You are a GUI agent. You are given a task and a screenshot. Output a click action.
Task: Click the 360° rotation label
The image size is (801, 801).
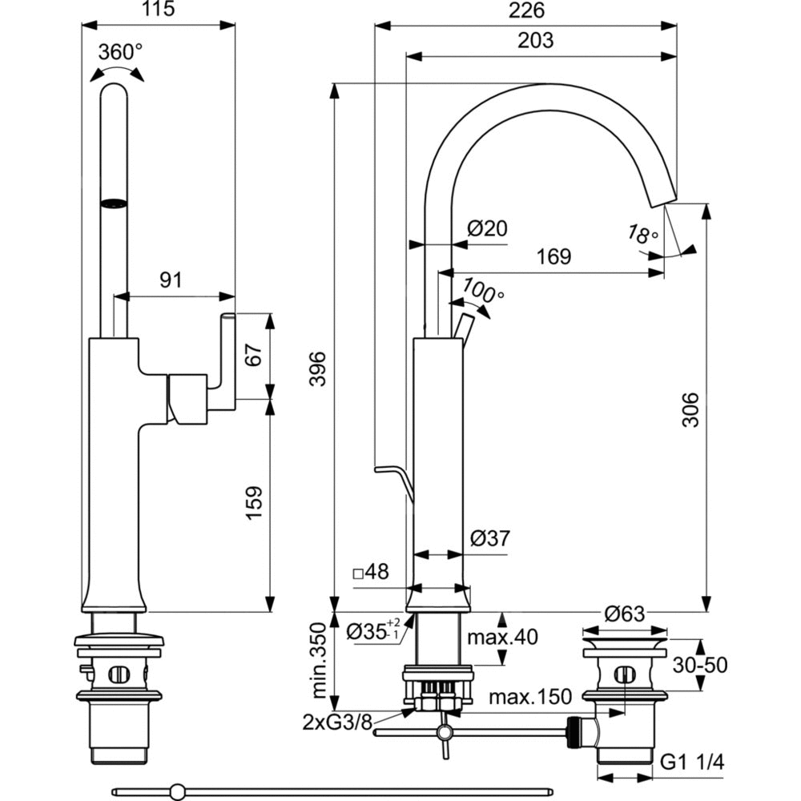[x=120, y=52]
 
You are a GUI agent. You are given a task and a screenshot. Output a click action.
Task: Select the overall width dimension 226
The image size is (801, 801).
[x=526, y=11]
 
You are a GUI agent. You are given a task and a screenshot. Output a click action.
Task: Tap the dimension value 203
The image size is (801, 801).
[x=536, y=40]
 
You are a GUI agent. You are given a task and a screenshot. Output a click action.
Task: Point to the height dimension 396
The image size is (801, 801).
[x=317, y=368]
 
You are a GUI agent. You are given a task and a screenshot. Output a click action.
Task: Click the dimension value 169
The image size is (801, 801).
[x=553, y=257]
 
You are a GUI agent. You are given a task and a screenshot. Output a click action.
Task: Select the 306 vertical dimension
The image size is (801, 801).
[x=690, y=409]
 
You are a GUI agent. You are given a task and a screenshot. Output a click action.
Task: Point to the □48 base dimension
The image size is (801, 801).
[x=370, y=573]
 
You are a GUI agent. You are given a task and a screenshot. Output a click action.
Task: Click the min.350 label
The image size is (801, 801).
[x=318, y=659]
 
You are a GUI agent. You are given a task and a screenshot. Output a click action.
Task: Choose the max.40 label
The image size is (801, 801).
[x=502, y=638]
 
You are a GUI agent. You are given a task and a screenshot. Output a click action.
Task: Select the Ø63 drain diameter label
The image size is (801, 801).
[x=624, y=615]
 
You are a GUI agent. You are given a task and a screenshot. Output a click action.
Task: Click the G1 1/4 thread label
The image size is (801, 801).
[x=694, y=763]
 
